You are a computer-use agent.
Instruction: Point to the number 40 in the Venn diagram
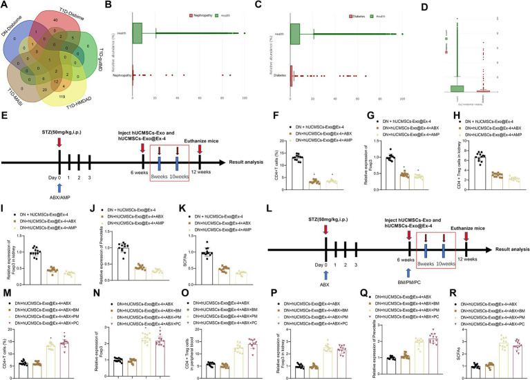66,26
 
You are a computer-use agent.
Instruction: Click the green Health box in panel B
137,32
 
